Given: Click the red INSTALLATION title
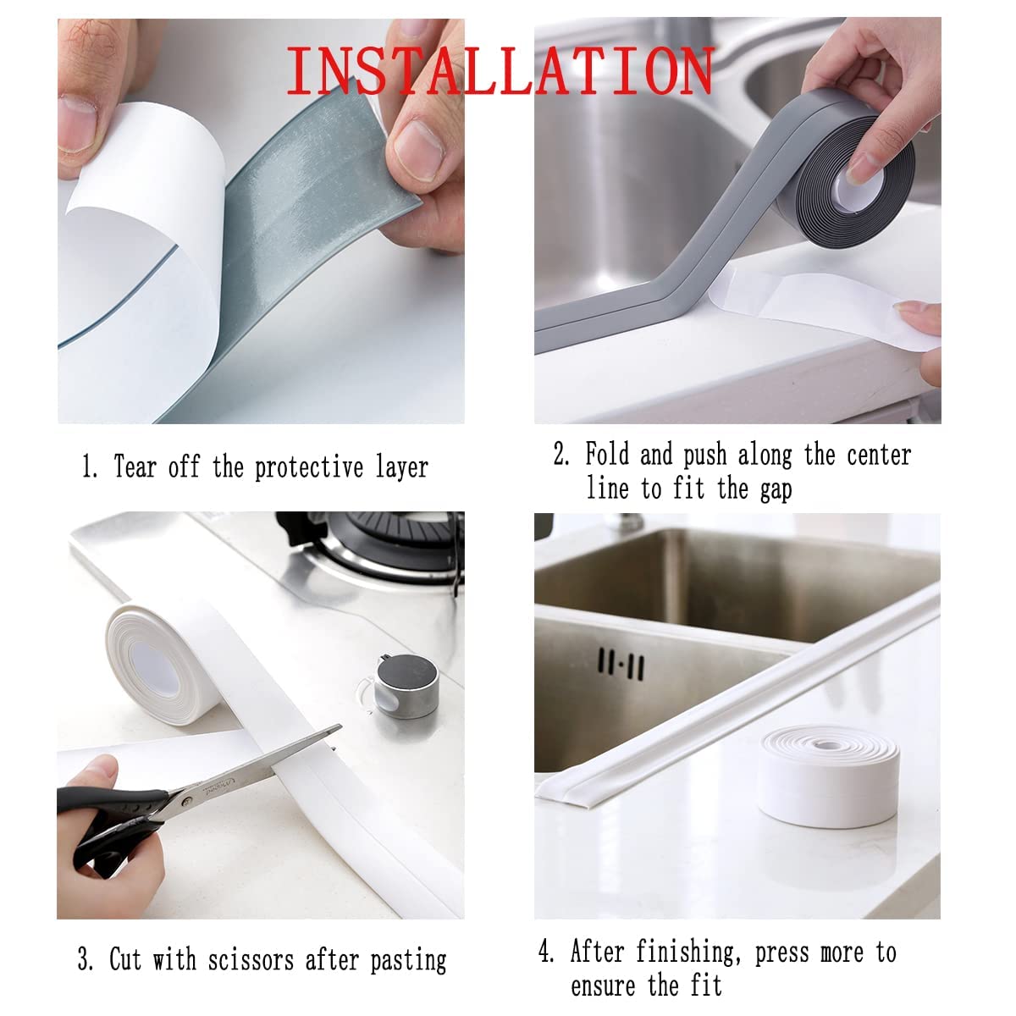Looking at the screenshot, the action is [x=500, y=70].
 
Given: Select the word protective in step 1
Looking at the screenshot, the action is [x=309, y=467].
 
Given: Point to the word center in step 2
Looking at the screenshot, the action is [x=879, y=455].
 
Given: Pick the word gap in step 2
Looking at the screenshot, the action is [x=776, y=490].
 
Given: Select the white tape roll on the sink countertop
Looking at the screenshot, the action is [x=828, y=776].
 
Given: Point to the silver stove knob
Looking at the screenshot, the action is [x=407, y=686].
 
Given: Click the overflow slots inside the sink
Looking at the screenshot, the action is [x=621, y=664].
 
